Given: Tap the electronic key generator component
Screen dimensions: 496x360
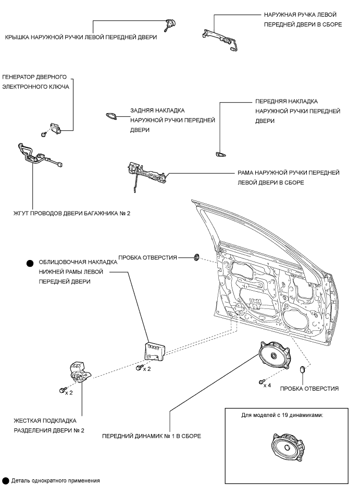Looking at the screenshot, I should pos(55,127).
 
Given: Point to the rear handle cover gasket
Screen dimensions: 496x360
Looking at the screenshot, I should pos(111,116).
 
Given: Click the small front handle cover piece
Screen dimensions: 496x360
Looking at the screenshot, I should pos(220,154).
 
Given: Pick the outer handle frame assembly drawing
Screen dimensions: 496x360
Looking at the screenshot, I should pos(147,172).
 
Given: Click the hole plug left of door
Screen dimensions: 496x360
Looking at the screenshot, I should pos(197,256).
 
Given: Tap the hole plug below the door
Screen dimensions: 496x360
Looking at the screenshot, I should pos(302,370).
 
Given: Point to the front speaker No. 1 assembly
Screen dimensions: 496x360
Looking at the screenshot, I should pos(274,357).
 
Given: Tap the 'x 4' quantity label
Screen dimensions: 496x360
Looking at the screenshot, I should pos(267,386).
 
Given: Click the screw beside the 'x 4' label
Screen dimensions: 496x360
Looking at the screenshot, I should pos(260,381).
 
